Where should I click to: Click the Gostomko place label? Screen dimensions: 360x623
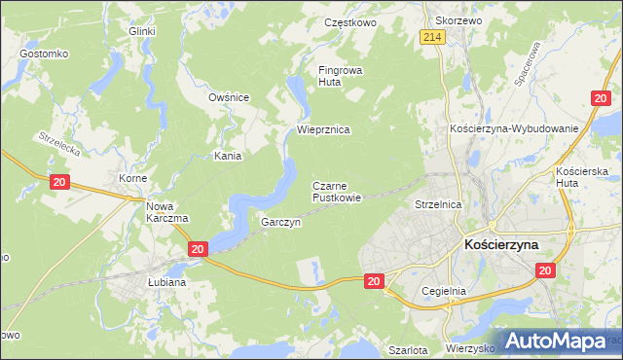[42, 53]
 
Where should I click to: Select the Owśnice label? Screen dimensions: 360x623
[230, 97]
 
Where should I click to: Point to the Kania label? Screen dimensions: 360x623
[228, 156]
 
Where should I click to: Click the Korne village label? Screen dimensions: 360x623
[132, 180]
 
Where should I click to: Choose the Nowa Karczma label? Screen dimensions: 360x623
[166, 212]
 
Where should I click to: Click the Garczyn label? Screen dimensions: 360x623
[280, 222]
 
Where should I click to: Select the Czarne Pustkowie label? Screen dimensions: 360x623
[337, 192]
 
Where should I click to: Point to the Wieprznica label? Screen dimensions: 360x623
[323, 129]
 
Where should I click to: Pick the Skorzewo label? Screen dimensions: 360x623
[459, 20]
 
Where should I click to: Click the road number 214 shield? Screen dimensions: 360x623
[433, 37]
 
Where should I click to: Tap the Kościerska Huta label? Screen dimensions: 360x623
[582, 178]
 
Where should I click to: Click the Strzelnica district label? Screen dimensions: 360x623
[438, 205]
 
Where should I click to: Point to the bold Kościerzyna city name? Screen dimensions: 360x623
[515, 246]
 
